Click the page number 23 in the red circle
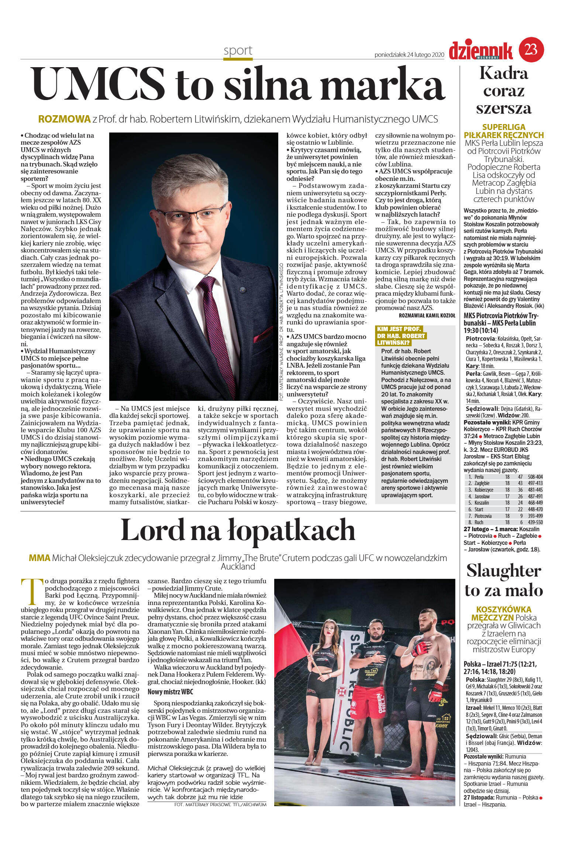pyautogui.click(x=531, y=49)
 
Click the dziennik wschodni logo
pyautogui.click(x=481, y=51)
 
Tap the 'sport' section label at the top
pyautogui.click(x=238, y=51)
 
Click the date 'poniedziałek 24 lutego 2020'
pyautogui.click(x=409, y=55)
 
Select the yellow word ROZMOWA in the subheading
pyautogui.click(x=65, y=119)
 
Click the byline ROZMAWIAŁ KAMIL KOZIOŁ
pyautogui.click(x=427, y=315)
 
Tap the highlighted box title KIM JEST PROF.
pyautogui.click(x=399, y=329)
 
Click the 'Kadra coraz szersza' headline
pyautogui.click(x=503, y=91)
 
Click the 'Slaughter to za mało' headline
pyautogui.click(x=503, y=581)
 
